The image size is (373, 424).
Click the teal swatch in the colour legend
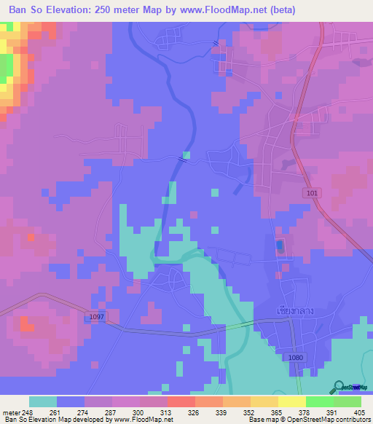[43, 401]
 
